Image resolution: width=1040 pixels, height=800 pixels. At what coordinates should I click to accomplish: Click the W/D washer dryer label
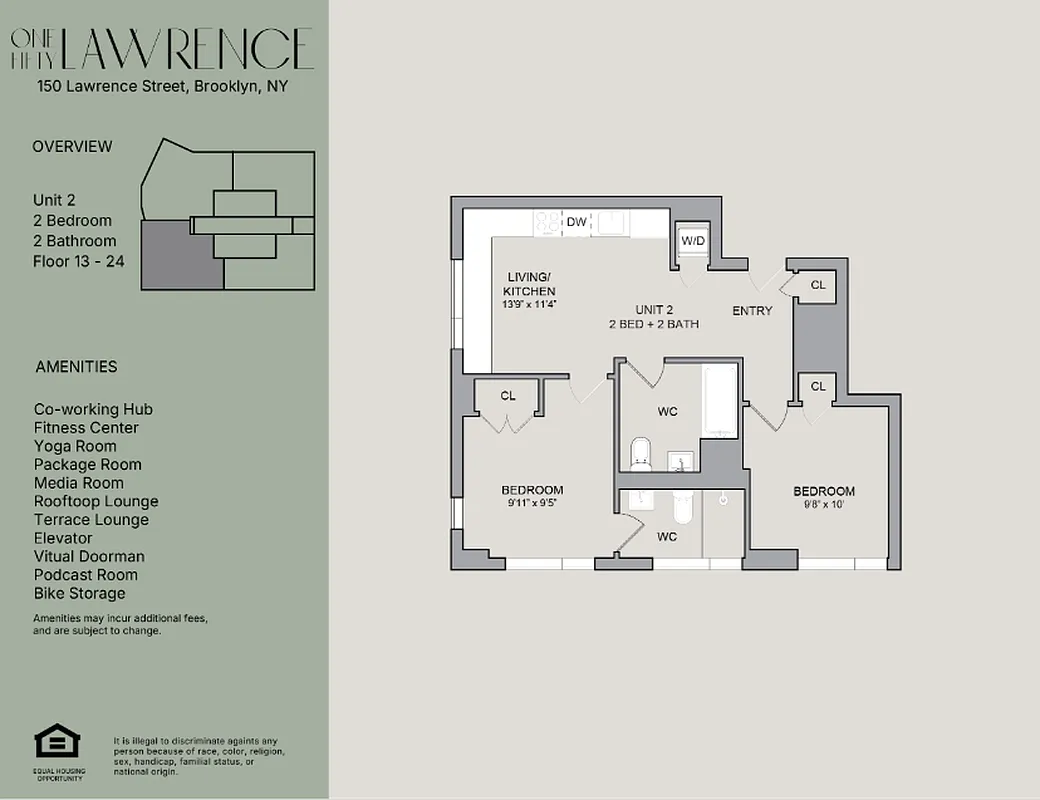click(692, 242)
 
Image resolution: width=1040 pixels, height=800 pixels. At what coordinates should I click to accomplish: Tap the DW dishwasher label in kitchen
click(576, 222)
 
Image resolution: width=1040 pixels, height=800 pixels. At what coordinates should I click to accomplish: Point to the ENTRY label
click(752, 311)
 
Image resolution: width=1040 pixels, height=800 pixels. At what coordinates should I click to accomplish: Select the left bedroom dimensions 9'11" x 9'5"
click(532, 503)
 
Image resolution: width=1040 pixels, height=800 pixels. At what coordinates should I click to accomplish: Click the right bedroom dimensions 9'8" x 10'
click(824, 505)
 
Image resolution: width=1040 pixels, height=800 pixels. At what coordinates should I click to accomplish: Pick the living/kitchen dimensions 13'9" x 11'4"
click(529, 304)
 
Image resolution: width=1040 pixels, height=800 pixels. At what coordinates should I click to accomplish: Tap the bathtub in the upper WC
click(720, 401)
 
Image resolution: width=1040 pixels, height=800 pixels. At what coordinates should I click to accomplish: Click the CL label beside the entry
click(818, 286)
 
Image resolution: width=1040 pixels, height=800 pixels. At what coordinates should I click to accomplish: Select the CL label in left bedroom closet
click(508, 396)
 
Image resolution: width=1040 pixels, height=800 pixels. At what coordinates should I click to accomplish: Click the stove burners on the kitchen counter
click(548, 222)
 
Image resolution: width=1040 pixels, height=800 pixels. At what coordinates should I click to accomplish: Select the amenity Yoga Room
click(75, 446)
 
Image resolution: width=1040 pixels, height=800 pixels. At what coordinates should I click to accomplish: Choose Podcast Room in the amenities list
click(86, 575)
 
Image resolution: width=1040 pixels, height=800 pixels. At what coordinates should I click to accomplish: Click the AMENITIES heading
click(76, 367)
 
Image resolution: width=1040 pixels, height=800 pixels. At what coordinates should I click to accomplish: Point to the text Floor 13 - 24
click(78, 261)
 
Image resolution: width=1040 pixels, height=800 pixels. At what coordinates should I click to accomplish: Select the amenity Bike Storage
click(80, 593)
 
